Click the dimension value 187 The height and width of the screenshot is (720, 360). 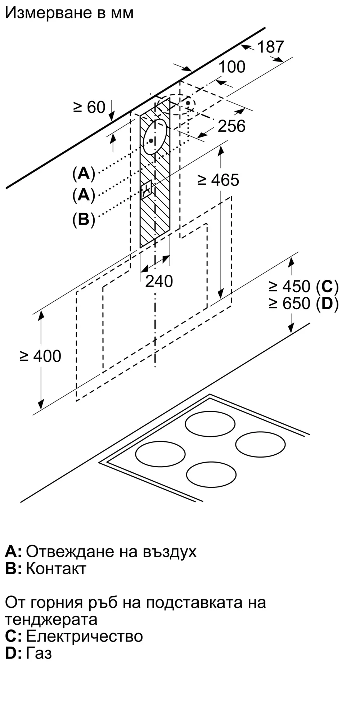(271, 47)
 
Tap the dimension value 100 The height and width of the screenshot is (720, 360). (232, 67)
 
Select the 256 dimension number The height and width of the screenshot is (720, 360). (232, 126)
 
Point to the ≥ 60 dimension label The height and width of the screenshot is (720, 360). (89, 107)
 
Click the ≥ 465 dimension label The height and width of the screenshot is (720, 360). (219, 180)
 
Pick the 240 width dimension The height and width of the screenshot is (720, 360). (159, 281)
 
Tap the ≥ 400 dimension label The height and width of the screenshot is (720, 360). (40, 356)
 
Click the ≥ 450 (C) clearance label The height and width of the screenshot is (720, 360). (303, 287)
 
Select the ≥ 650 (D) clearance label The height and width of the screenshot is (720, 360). (303, 304)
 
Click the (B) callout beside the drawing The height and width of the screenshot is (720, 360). (84, 219)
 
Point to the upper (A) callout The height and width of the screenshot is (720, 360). (84, 174)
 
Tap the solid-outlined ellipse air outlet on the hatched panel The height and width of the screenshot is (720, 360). (155, 136)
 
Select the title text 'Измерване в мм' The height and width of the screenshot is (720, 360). (69, 13)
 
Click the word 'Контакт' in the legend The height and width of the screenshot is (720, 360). (56, 568)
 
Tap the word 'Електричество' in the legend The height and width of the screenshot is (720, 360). (85, 636)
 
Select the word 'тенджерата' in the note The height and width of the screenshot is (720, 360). (51, 620)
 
